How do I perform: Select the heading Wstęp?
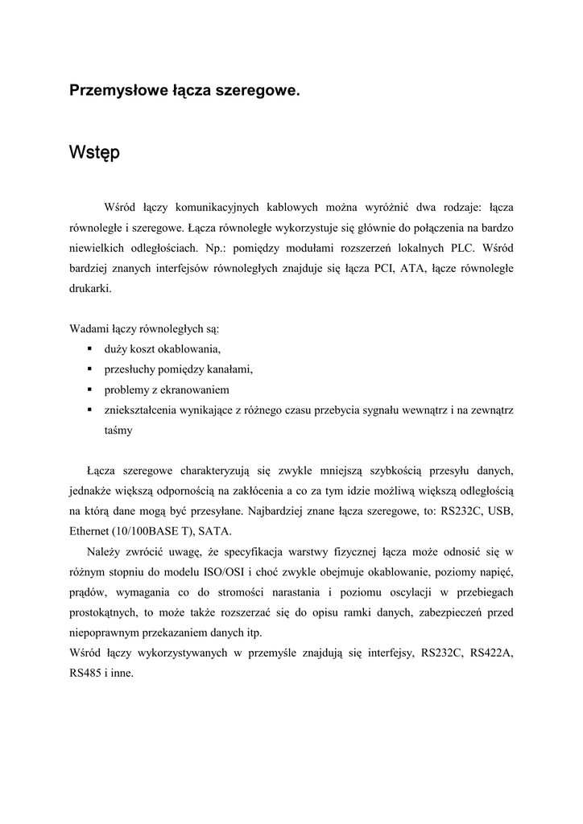coord(94,151)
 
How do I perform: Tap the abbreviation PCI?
coord(379,268)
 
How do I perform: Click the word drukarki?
coord(90,287)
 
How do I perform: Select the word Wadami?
coord(90,328)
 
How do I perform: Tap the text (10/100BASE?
coord(150,531)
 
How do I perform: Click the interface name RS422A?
coord(492,653)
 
